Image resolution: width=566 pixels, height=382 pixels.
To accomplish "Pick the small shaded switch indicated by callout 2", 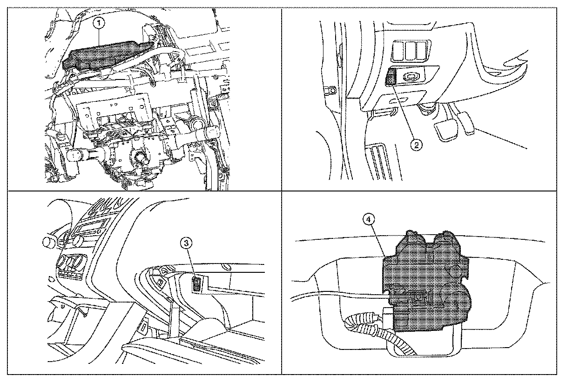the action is (x=391, y=76).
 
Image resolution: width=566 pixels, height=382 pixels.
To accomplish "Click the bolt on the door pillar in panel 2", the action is (x=332, y=89).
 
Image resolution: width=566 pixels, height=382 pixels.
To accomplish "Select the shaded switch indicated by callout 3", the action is (x=197, y=283).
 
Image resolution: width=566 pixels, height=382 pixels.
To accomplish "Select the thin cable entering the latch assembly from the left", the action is (x=335, y=294).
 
